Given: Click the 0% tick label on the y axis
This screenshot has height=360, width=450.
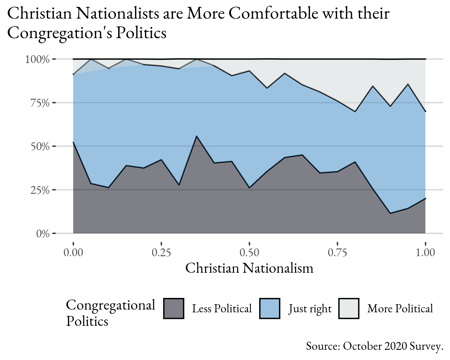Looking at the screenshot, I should click(43, 234).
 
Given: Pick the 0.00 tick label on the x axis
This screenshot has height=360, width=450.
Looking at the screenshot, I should click(73, 253).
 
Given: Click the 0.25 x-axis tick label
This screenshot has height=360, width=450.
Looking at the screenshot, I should click(161, 253).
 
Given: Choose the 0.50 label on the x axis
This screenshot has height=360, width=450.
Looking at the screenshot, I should click(249, 253).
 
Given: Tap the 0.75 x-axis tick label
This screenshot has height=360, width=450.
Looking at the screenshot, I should click(337, 253).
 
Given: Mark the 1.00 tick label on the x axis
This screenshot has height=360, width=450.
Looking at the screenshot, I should click(425, 253).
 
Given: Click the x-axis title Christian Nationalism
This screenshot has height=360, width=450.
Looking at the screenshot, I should click(249, 268).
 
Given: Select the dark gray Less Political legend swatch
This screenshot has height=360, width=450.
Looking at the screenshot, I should click(174, 308).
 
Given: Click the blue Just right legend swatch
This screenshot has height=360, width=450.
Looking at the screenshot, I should click(270, 308).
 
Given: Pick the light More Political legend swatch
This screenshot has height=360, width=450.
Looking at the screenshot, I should click(349, 308).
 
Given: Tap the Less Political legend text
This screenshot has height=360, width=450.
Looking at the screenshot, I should click(222, 308).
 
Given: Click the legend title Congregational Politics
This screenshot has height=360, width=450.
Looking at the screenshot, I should click(110, 313).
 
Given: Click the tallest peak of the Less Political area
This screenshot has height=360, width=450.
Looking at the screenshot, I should click(196, 136).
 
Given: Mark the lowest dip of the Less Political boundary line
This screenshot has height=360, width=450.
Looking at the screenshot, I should click(390, 213).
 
